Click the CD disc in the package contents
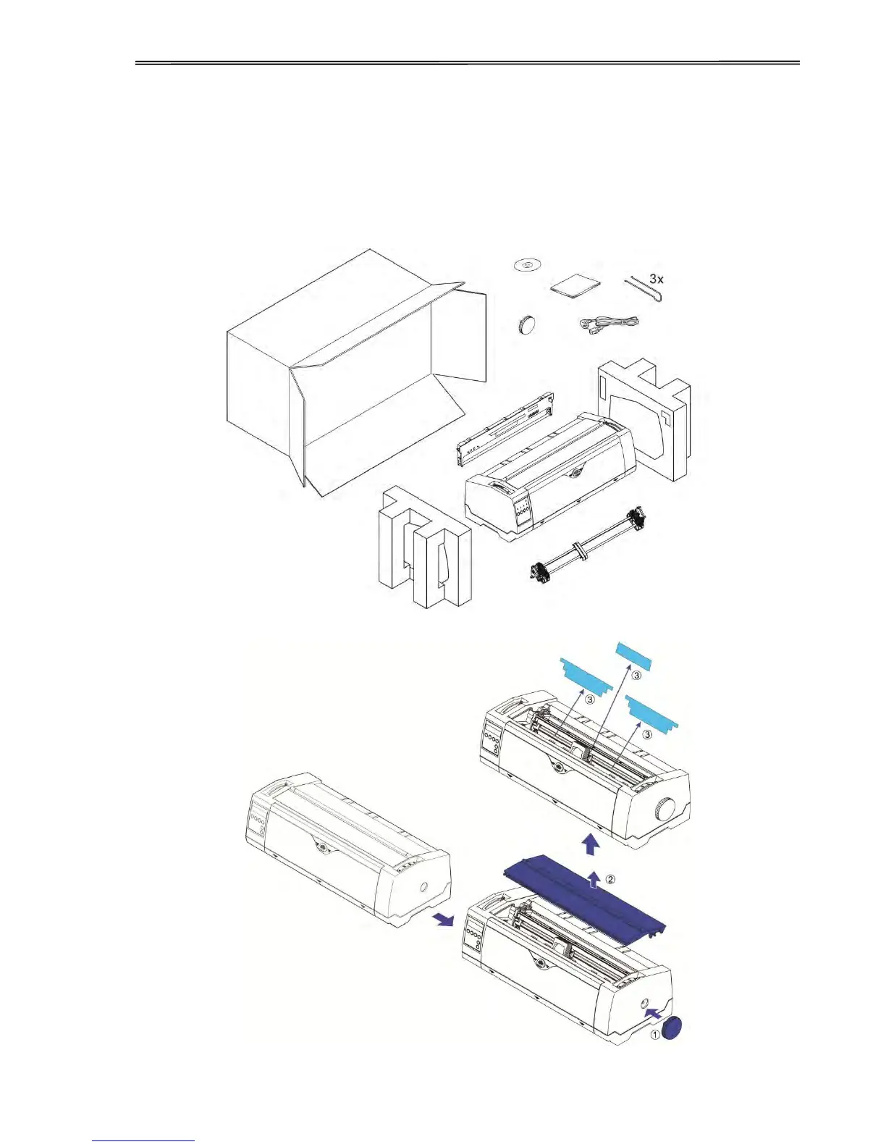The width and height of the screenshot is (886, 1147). tap(526, 266)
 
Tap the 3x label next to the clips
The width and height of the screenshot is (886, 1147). tap(657, 279)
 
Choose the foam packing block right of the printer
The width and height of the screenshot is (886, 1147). tap(644, 420)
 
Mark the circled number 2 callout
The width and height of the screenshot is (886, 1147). tap(610, 879)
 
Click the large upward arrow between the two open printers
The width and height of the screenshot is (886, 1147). tap(591, 844)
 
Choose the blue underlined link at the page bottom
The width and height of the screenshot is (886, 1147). tap(143, 1140)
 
